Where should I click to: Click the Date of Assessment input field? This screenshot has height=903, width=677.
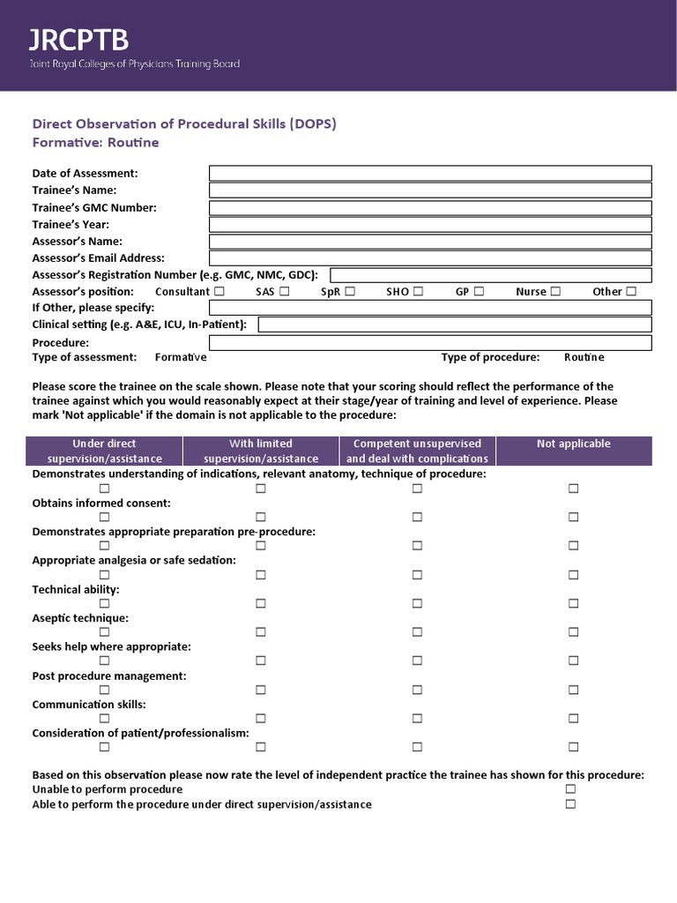[x=430, y=173]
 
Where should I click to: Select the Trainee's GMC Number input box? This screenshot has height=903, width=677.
[x=430, y=208]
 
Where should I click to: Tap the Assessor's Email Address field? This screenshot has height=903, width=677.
[x=430, y=258]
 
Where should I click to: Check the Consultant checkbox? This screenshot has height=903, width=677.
[x=219, y=292]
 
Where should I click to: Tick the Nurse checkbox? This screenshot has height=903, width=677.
[x=555, y=292]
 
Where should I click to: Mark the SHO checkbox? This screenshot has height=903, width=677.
[x=418, y=292]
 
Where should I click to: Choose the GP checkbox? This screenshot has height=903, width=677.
[x=479, y=292]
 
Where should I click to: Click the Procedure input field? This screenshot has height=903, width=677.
[x=430, y=342]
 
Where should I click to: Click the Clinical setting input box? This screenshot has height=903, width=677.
[x=455, y=325]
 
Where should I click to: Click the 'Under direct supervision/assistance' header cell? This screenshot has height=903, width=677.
[x=105, y=451]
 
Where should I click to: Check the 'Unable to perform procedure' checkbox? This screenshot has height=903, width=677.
[x=570, y=789]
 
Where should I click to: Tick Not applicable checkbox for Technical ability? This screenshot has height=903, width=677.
[x=573, y=603]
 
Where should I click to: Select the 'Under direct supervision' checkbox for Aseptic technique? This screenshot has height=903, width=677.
[x=105, y=632]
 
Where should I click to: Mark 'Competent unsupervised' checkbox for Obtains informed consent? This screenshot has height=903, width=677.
[x=417, y=517]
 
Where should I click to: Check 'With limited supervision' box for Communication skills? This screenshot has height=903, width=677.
[x=261, y=719]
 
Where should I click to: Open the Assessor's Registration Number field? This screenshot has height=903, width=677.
[x=491, y=275]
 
